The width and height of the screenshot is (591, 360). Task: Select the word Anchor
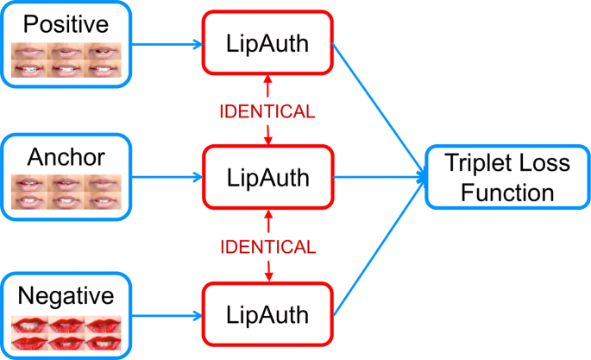click(x=66, y=157)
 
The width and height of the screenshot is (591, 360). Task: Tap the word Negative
click(x=66, y=296)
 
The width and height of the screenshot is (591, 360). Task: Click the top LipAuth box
click(x=267, y=43)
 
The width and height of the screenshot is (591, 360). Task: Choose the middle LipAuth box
click(x=267, y=178)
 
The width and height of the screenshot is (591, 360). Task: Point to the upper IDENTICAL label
click(x=267, y=111)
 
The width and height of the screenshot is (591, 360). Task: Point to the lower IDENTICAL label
click(x=267, y=248)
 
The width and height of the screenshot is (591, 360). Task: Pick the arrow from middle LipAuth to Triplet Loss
click(x=380, y=179)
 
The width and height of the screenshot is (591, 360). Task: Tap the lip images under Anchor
click(x=66, y=193)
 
